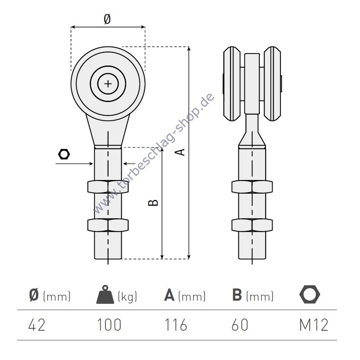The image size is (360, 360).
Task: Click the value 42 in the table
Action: point(37,325)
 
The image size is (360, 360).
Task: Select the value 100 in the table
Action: point(109,325)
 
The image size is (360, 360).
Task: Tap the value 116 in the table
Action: point(176,325)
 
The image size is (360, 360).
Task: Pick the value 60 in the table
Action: point(240,325)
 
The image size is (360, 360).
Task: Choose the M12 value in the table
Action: point(314,325)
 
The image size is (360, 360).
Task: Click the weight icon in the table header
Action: point(105,294)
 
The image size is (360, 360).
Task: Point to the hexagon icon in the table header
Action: point(310,294)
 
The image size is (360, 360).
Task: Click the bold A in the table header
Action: point(169,295)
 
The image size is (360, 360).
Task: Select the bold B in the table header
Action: point(237,295)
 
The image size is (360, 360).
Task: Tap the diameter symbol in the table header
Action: point(34,295)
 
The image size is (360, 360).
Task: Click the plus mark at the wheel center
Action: point(108,84)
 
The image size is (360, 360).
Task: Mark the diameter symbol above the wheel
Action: point(107,19)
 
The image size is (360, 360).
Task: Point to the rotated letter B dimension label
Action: point(153,202)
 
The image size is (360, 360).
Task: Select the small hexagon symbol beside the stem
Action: point(64,154)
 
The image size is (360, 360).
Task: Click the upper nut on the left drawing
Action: point(108,187)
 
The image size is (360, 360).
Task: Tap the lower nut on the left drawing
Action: point(108,225)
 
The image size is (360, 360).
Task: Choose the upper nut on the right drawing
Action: point(252,187)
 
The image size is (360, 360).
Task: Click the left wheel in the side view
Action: point(232,84)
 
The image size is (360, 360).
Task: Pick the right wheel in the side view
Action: point(272,84)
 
